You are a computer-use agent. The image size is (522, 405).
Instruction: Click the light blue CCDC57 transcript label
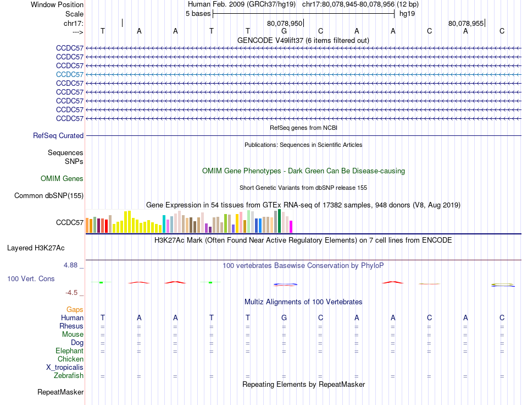point(70,74)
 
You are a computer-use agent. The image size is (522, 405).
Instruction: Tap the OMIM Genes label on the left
point(62,178)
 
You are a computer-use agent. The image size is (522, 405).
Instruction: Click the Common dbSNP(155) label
point(49,195)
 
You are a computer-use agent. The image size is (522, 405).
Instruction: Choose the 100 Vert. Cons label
point(31,279)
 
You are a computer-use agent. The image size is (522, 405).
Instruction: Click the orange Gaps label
point(75,310)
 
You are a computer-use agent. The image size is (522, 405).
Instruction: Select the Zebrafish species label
point(69,376)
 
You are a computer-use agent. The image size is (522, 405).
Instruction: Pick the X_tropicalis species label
point(65,368)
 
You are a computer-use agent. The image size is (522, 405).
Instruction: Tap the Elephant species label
point(69,351)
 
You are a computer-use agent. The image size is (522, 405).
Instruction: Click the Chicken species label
point(70,359)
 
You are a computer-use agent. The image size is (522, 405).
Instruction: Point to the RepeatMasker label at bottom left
point(60,392)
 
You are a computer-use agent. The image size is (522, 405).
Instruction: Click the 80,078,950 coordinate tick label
point(285,24)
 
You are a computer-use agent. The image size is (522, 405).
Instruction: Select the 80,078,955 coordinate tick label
point(466,24)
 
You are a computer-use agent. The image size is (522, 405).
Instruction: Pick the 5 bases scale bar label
point(198,13)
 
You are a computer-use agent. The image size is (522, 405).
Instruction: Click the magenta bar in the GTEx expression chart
point(291,227)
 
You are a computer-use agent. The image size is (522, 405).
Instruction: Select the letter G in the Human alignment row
point(284,318)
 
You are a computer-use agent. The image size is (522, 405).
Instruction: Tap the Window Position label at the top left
point(57,4)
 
